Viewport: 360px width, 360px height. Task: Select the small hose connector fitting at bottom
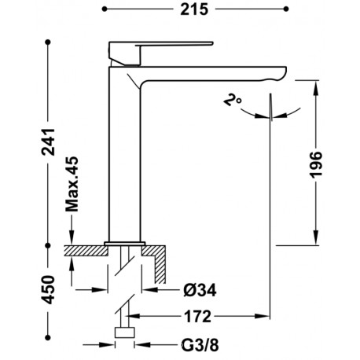tap(124, 332)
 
